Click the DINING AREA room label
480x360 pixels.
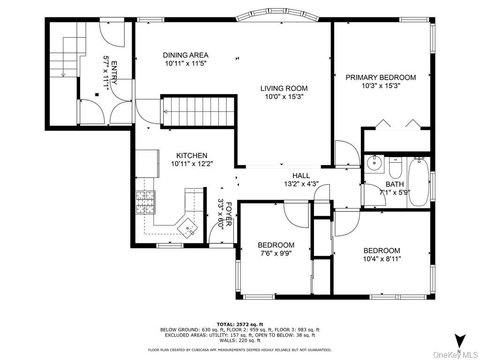click(x=186, y=55)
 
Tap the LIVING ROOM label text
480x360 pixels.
click(x=284, y=88)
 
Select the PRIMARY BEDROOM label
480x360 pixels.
click(x=381, y=77)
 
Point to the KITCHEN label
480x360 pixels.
click(x=192, y=156)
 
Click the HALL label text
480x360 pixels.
click(x=301, y=176)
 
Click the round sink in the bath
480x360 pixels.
click(x=374, y=164)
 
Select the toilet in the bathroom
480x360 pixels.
click(x=395, y=165)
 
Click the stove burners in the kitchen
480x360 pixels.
click(x=145, y=202)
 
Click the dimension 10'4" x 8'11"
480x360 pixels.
click(x=382, y=258)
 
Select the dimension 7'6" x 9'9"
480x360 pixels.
click(x=276, y=253)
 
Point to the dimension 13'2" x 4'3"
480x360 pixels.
click(x=300, y=184)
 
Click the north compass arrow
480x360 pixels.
click(x=460, y=341)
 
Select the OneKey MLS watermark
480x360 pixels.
click(x=454, y=354)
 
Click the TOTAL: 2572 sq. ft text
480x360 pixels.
click(x=240, y=324)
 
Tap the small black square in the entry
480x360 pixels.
click(x=97, y=95)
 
